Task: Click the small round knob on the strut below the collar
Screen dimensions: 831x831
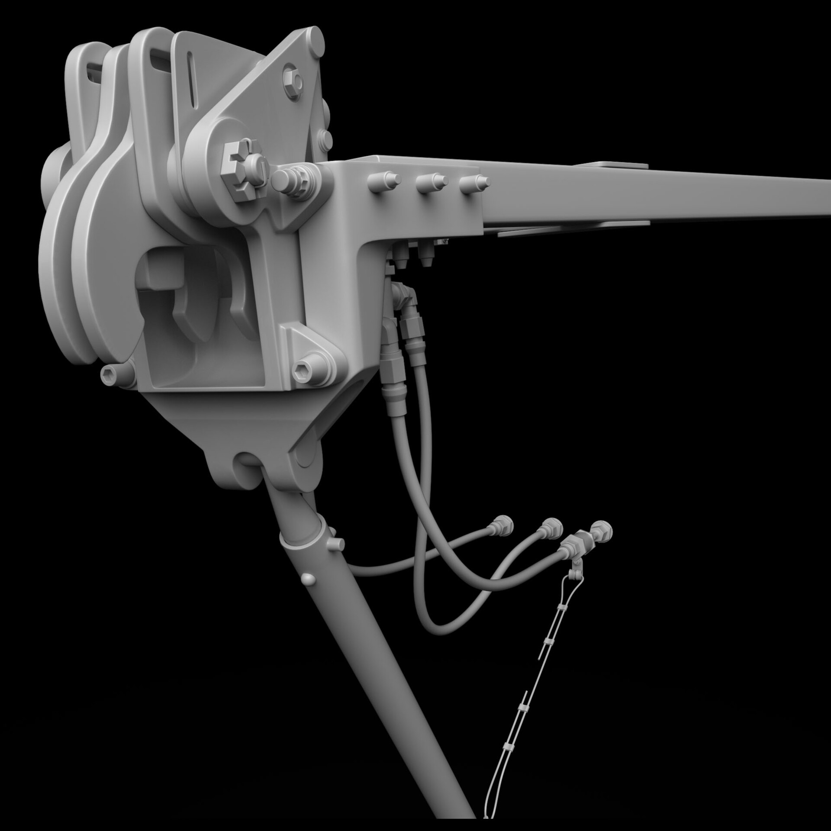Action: point(307,579)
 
